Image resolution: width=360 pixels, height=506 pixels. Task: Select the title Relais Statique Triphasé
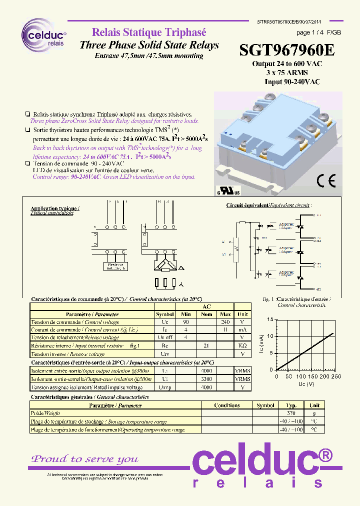[148, 33]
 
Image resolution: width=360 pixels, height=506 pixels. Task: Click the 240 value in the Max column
[225, 322]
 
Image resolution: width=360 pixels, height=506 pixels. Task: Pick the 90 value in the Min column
[186, 322]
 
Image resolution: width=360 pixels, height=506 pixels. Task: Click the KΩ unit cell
[242, 345]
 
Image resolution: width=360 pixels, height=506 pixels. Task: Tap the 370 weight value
[291, 413]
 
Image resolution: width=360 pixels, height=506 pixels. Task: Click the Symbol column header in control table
[165, 314]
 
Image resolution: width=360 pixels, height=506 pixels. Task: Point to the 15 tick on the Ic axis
[270, 319]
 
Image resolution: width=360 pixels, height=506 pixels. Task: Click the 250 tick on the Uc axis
[336, 376]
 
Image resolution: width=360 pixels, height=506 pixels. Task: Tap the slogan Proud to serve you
[85, 459]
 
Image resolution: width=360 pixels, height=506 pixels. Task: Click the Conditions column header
[227, 405]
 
